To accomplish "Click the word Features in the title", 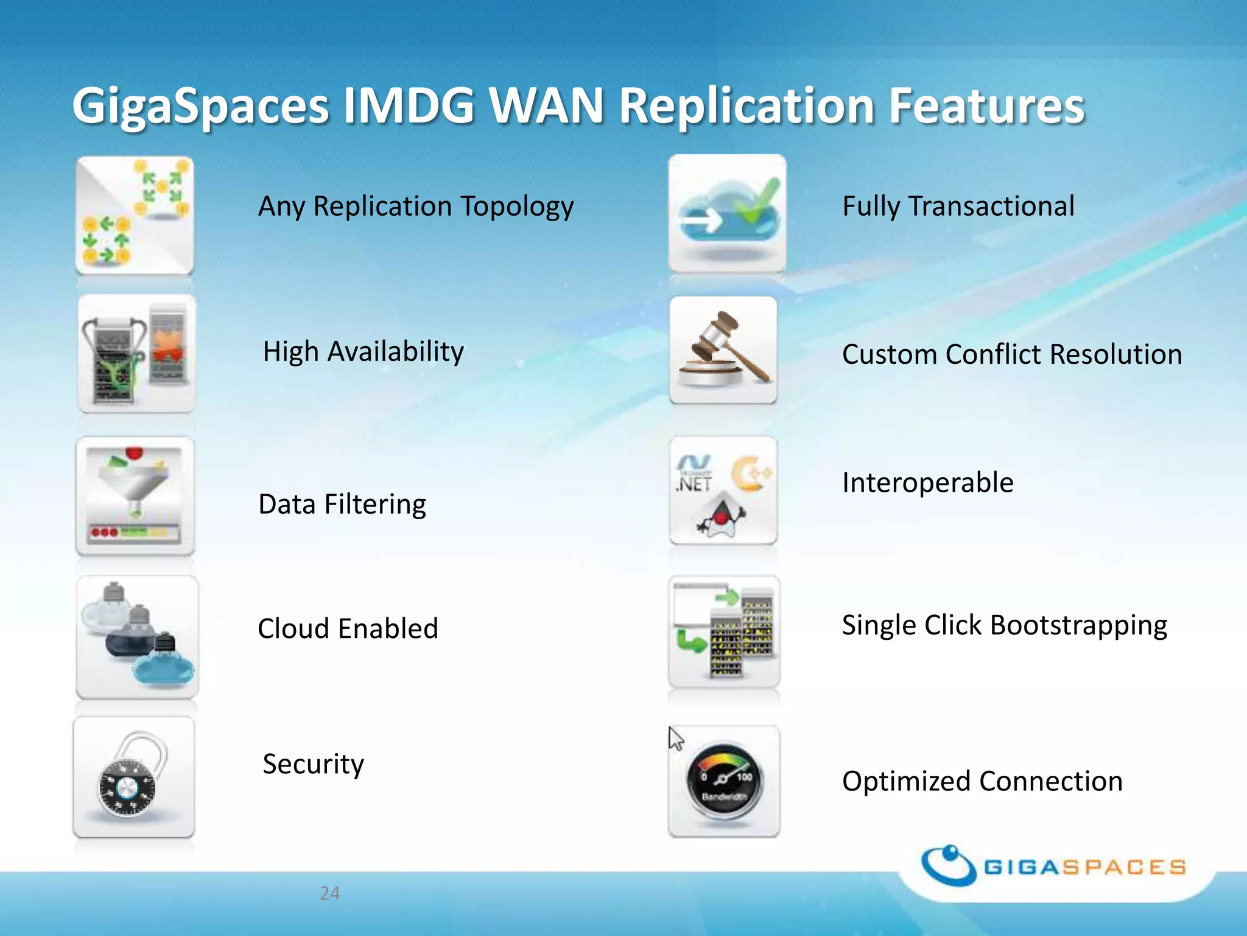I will coord(986,106).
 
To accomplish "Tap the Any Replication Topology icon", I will coord(135,214).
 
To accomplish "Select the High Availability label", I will coord(363,352).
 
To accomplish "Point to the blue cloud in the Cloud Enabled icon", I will coord(163,670).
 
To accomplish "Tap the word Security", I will coord(313,764).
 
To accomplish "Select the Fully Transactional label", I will coord(958,206).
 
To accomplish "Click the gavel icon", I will coord(723,349).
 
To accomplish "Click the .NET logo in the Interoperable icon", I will coord(694,474).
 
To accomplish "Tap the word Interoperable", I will coord(927,483).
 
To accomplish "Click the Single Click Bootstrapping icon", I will coord(724,631).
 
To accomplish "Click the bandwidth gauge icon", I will coord(724,781).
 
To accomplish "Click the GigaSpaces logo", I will coord(1053,866).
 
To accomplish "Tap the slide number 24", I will coord(329,893).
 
